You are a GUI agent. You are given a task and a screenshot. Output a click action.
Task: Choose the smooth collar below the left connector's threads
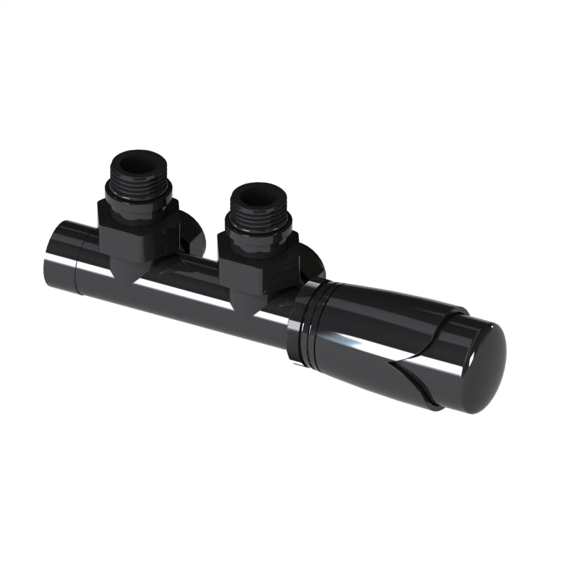[x=138, y=203]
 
